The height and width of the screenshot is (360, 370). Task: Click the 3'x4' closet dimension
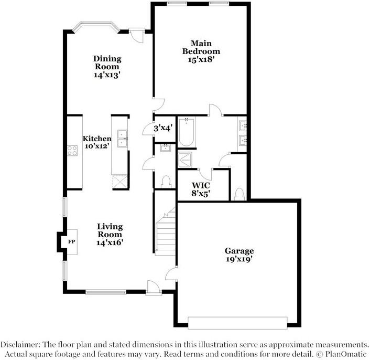(x=163, y=128)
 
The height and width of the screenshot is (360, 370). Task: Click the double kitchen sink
(x=122, y=139)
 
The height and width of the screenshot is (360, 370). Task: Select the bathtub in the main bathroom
(x=187, y=133)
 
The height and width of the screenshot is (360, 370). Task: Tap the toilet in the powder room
(x=167, y=181)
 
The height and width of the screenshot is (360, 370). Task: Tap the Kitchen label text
(x=97, y=139)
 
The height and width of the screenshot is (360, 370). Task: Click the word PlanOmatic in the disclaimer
(x=344, y=353)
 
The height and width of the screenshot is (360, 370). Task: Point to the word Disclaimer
(x=20, y=344)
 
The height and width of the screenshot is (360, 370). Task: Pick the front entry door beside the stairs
(x=153, y=287)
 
